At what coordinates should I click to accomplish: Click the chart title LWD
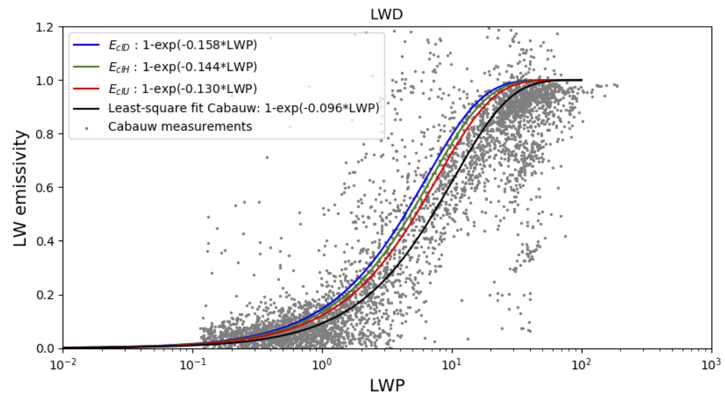pyautogui.click(x=387, y=14)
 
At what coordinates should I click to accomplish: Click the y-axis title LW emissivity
pyautogui.click(x=20, y=188)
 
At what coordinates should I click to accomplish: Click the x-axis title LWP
pyautogui.click(x=387, y=385)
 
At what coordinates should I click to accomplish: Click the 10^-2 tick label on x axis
pyautogui.click(x=62, y=365)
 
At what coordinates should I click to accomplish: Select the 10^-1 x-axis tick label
pyautogui.click(x=193, y=365)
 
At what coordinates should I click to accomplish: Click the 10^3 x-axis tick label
pyautogui.click(x=711, y=365)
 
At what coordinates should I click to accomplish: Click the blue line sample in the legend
pyautogui.click(x=86, y=45)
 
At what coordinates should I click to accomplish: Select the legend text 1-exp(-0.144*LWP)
pyautogui.click(x=200, y=67)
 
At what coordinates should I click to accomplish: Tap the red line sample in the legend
pyautogui.click(x=86, y=89)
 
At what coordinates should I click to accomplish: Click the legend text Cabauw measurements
pyautogui.click(x=180, y=127)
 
